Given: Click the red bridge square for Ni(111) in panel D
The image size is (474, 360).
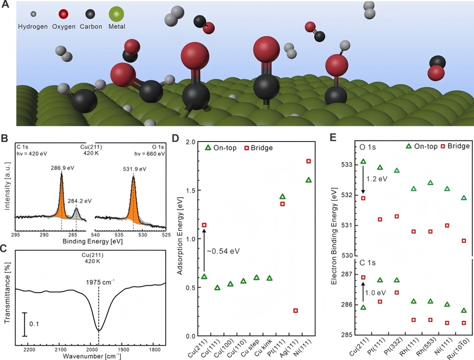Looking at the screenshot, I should (x=309, y=161).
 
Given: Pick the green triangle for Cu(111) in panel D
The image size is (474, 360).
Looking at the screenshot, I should (x=217, y=287).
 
